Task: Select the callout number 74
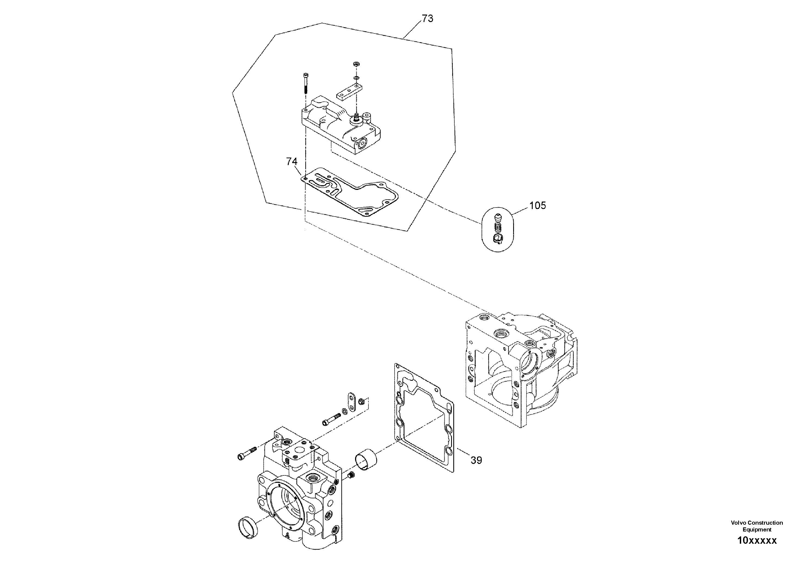(x=292, y=162)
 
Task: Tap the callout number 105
(x=537, y=206)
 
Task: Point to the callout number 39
(x=476, y=460)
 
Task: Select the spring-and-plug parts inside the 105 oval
(x=497, y=230)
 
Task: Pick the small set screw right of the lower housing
(x=351, y=477)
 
